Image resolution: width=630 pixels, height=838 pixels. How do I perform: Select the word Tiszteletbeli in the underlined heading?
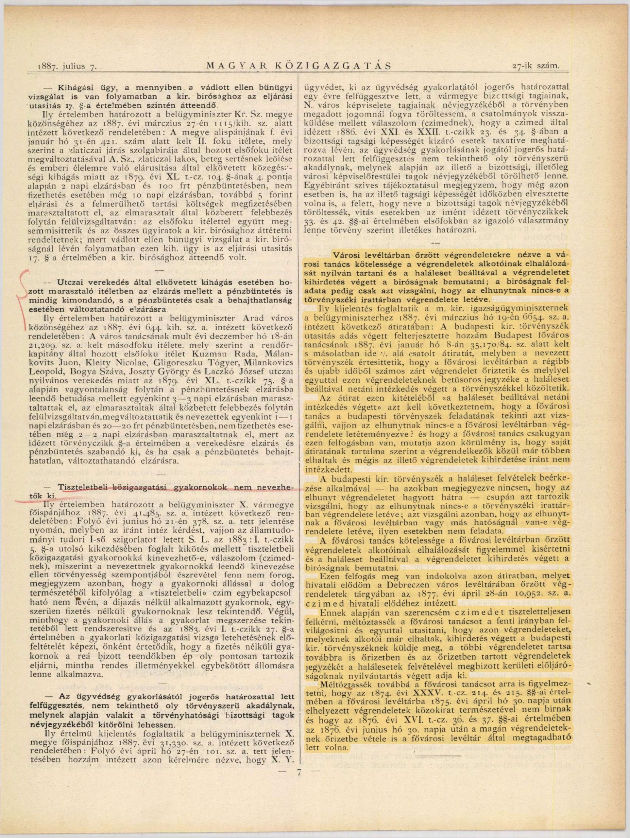tap(84, 487)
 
